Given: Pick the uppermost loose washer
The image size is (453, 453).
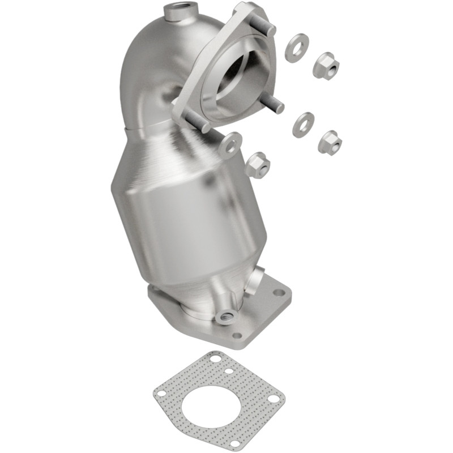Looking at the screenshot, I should pos(296,48).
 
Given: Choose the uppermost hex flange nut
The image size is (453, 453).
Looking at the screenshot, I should pos(326,65).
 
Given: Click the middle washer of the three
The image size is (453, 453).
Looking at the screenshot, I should pos(304,124).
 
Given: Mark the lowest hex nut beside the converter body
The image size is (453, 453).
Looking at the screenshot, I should pos(258,165).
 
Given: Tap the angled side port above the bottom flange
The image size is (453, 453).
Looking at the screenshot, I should pos(257,280).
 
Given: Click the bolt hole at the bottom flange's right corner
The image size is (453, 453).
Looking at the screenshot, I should pos(278,293).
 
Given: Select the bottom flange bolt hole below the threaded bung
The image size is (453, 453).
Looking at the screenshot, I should pos(238,335).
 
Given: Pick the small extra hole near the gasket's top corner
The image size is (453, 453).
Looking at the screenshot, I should pos(228,371).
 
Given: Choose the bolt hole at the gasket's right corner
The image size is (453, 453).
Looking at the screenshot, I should pos(273,399).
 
